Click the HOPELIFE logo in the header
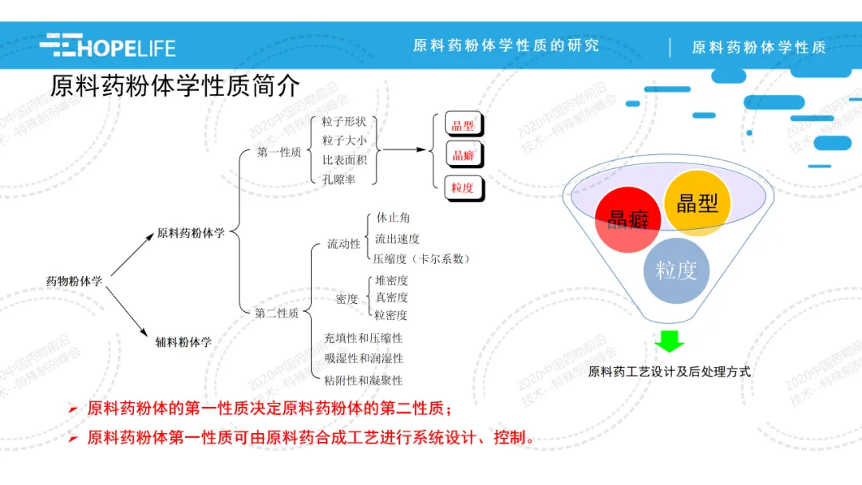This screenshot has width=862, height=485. point(107,45)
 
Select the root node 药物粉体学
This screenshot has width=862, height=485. point(74,282)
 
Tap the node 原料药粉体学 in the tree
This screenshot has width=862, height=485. point(191,233)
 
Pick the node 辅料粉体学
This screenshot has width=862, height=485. point(184,342)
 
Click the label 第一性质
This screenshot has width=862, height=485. point(279,152)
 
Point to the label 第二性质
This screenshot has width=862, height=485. point(277,313)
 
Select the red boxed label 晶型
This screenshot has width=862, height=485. point(463,125)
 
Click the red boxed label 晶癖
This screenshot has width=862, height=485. point(463,156)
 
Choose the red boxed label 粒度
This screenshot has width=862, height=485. point(463,188)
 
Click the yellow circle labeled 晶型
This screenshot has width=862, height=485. point(697,203)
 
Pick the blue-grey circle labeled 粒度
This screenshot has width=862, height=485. point(676,270)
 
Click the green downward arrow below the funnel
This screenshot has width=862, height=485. point(670,341)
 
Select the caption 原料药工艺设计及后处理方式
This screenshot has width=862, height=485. point(669,372)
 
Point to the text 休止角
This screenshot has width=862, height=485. point(393,218)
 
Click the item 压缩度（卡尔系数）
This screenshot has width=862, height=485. point(422,258)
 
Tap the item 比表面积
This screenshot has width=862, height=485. point(345,160)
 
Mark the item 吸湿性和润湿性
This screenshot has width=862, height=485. point(363,359)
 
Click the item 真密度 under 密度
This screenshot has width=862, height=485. point(391,298)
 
